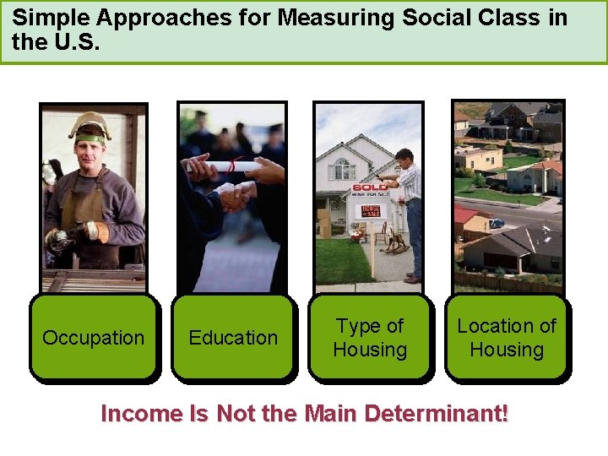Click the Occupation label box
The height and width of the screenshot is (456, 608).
pos(93,338)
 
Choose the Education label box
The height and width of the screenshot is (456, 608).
pos(233,338)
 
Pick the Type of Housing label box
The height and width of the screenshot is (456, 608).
pos(370,338)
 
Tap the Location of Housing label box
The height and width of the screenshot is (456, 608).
pos(507,338)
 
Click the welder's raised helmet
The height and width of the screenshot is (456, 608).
pos(90,125)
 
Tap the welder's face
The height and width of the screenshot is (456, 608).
pos(91,152)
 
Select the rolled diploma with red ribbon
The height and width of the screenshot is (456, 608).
pos(224,166)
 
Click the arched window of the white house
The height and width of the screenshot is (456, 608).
pos(342,167)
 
